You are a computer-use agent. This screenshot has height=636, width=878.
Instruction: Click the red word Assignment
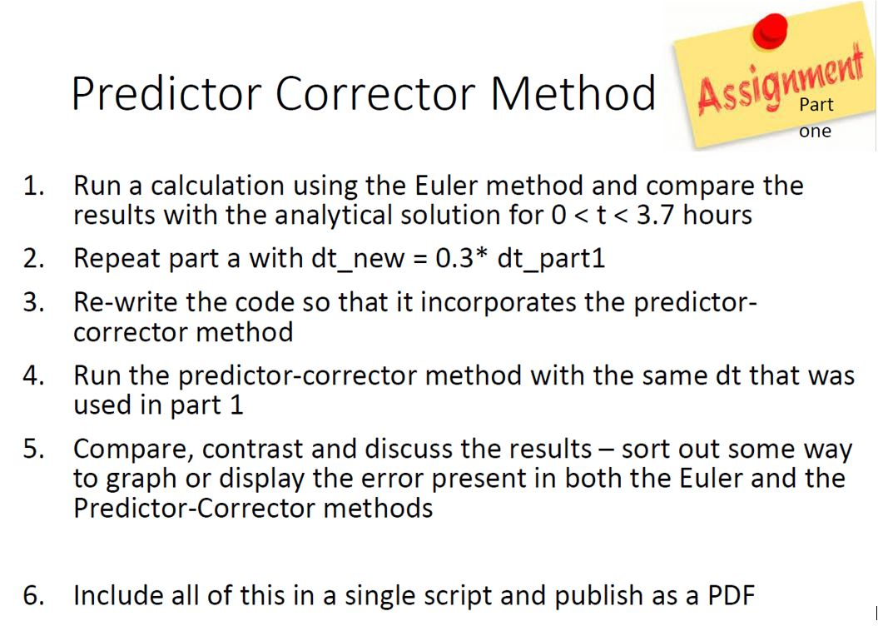pyautogui.click(x=778, y=83)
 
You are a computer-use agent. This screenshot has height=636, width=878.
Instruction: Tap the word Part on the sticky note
pyautogui.click(x=816, y=105)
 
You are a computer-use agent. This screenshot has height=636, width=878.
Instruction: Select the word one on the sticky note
pyautogui.click(x=815, y=132)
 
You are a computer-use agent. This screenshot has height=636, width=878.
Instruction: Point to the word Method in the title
pyautogui.click(x=573, y=93)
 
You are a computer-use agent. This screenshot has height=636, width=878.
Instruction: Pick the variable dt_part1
pyautogui.click(x=550, y=259)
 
